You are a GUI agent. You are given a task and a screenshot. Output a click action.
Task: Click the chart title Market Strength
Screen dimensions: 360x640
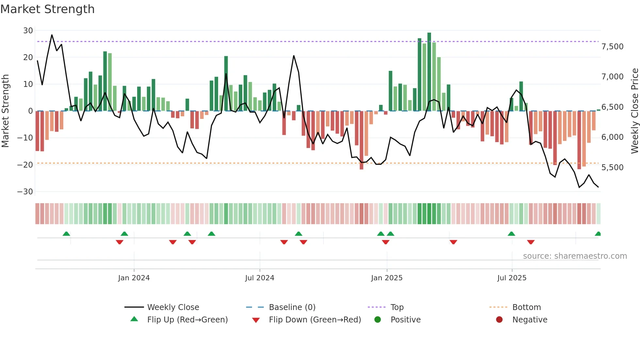(x=47, y=9)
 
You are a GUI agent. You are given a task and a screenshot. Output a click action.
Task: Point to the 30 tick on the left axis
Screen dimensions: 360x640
(x=28, y=31)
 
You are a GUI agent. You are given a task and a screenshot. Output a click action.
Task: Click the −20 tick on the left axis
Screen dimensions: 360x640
(x=25, y=165)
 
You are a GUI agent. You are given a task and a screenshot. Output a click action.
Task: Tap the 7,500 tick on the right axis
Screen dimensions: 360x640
(x=612, y=47)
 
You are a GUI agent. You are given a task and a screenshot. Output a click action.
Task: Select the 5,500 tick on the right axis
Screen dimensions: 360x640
(x=612, y=168)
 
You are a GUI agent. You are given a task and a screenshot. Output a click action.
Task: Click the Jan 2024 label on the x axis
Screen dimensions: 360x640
(x=134, y=278)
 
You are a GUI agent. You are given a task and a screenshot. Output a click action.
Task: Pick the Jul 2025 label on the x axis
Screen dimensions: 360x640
(x=512, y=278)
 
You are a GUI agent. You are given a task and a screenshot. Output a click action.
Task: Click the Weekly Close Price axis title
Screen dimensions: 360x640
(x=634, y=111)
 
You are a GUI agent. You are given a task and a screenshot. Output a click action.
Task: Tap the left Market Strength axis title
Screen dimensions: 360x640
(x=5, y=111)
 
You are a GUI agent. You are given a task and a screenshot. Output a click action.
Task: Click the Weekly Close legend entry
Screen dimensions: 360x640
(x=173, y=307)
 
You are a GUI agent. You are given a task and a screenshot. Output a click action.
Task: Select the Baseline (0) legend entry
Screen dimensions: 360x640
(x=292, y=307)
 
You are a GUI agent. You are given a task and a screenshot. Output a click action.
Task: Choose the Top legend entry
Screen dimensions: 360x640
(x=397, y=307)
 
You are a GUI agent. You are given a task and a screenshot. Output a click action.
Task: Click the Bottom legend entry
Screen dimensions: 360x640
(x=526, y=307)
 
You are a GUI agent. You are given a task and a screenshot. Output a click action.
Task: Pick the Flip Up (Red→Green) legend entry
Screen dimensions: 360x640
(x=187, y=320)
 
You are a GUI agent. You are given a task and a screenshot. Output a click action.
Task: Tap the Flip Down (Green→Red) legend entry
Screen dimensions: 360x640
(x=315, y=320)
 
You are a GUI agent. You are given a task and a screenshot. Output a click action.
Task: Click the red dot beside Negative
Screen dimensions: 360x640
(x=499, y=320)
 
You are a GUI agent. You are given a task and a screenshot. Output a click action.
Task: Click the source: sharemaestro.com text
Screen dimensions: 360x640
(x=575, y=256)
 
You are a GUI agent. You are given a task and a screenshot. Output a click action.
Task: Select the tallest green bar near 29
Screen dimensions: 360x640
(x=429, y=72)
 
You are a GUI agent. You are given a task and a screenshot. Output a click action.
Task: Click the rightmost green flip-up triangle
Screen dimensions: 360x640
(x=598, y=234)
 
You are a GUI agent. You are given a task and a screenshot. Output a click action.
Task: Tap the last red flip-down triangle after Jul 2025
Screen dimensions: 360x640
(x=531, y=242)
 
